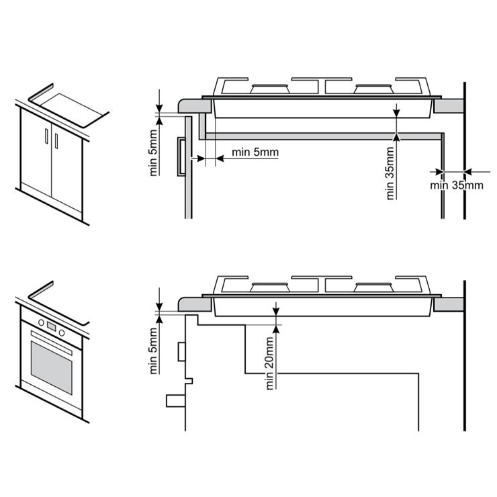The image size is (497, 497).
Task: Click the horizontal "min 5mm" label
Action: click(255, 152)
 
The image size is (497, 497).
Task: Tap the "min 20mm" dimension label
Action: click(269, 363)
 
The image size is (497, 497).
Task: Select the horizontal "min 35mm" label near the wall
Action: click(457, 185)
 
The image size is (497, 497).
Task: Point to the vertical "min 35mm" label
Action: click(390, 173)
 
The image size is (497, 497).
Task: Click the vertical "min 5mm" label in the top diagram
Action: click(153, 152)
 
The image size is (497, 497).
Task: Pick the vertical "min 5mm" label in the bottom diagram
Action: click(153, 351)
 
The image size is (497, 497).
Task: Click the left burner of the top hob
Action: click(270, 89)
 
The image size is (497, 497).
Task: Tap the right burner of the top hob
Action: click(373, 89)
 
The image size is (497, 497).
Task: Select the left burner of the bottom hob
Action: click(270, 287)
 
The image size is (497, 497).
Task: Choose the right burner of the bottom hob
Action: click(373, 287)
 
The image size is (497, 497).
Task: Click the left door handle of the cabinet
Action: click(46, 136)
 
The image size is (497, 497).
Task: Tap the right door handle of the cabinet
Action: click(56, 141)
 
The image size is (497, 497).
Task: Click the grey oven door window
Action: click(51, 367)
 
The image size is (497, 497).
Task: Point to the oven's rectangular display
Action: click(51, 326)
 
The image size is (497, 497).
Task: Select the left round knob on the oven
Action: click(41, 322)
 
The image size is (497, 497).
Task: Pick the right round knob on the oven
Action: click(62, 333)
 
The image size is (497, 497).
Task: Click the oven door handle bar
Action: click(51, 343)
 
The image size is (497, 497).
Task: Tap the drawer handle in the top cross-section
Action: click(181, 156)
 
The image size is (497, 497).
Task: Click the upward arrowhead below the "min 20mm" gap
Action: click(276, 329)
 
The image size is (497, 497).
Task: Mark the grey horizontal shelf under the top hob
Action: click(323, 136)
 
